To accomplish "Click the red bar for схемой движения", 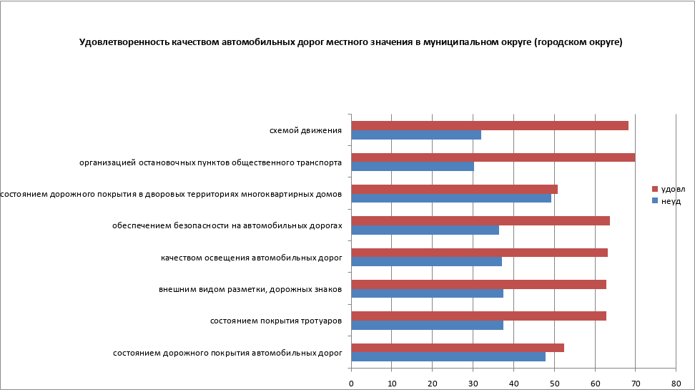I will click(490, 125).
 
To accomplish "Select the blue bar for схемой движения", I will click(416, 135).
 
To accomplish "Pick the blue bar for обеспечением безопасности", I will click(425, 230).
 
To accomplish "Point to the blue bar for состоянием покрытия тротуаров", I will click(427, 325).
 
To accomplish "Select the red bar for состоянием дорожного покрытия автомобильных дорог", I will click(458, 348).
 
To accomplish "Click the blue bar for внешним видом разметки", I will click(427, 293).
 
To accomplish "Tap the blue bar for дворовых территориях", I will click(451, 198).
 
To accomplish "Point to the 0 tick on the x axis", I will click(351, 384).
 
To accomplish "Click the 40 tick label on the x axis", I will click(513, 384).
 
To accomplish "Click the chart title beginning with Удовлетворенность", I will click(350, 42).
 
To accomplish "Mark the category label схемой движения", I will click(305, 130).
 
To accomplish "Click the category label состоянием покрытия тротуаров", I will click(275, 321).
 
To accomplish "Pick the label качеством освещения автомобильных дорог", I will click(251, 258).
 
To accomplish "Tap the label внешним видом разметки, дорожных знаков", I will click(250, 289).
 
